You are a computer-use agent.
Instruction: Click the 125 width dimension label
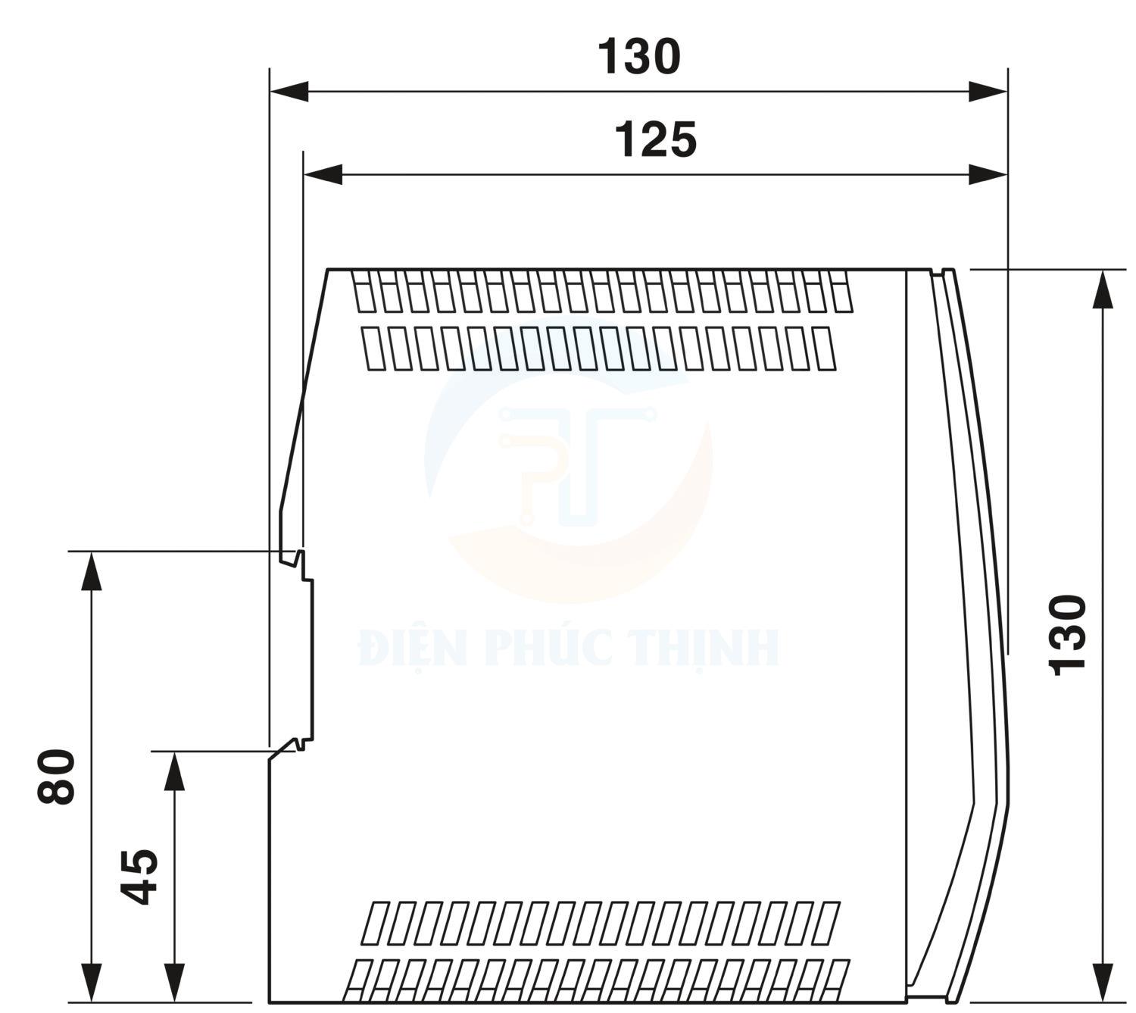pyautogui.click(x=655, y=140)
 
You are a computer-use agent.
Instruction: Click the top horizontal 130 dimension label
pyautogui.click(x=639, y=57)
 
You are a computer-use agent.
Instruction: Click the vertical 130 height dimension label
pyautogui.click(x=1068, y=635)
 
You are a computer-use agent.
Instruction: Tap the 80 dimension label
pyautogui.click(x=57, y=776)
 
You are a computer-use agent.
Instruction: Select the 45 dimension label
pyautogui.click(x=140, y=877)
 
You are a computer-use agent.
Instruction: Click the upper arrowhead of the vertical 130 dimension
pyautogui.click(x=1102, y=289)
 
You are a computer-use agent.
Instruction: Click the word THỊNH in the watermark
pyautogui.click(x=704, y=648)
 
